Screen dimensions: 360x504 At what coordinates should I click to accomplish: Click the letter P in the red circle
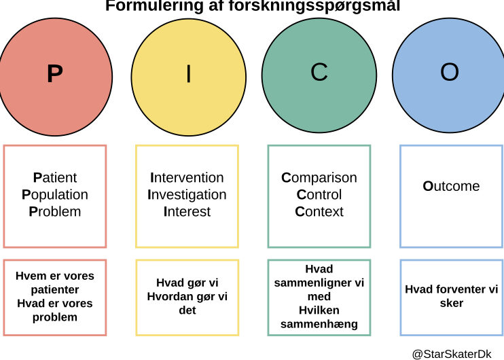55,73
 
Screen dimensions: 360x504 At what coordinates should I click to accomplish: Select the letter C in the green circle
319,72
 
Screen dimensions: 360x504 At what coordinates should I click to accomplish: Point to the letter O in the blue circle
450,72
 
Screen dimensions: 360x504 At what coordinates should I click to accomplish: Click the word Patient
55,178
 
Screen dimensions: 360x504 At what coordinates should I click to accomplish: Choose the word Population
55,195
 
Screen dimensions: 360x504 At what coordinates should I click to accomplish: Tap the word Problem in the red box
55,212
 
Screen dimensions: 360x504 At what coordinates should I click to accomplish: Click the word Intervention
187,178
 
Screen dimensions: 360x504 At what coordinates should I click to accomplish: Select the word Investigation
187,195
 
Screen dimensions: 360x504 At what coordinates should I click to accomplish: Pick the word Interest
187,212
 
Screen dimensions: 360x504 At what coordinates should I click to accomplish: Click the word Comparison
319,178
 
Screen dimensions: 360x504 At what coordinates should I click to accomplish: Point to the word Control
319,195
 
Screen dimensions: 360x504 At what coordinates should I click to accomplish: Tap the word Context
319,212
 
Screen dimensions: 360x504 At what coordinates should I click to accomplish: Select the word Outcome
451,186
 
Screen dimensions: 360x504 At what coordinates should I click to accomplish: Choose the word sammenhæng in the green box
319,324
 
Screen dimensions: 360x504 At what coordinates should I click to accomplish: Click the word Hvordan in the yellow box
168,297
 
